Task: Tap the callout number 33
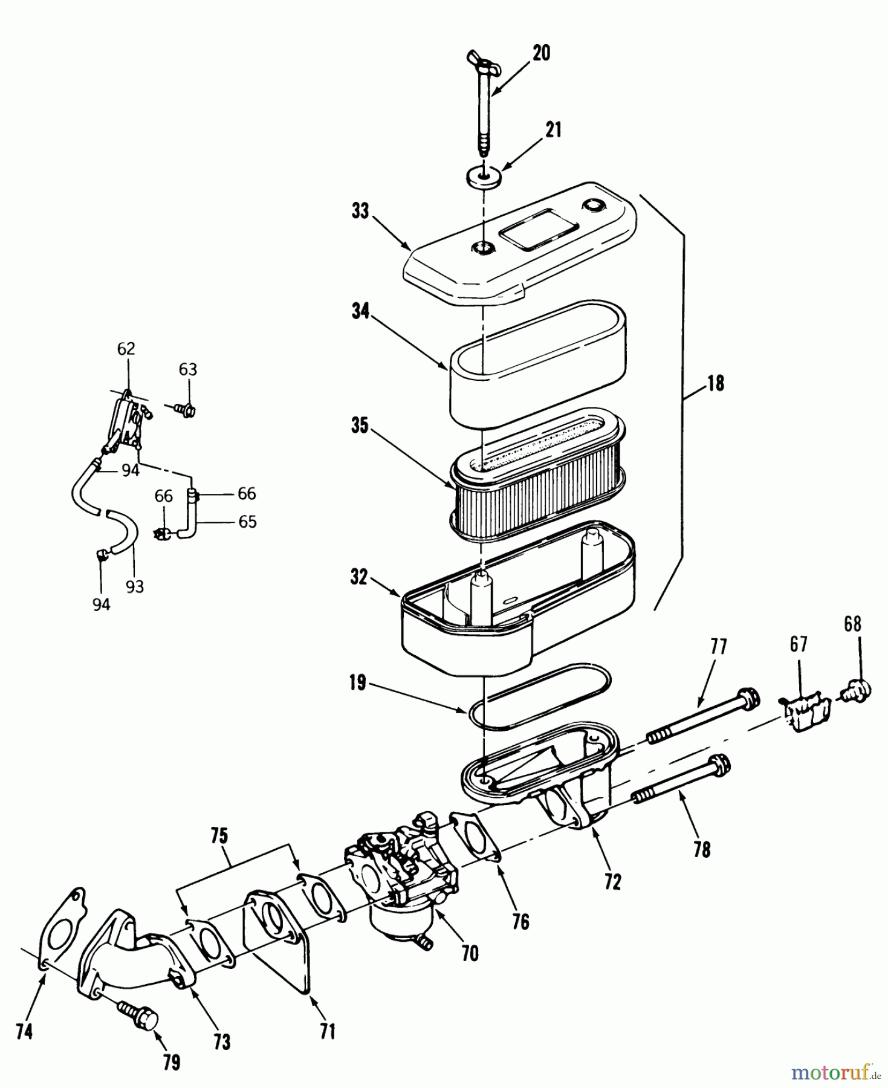[x=360, y=213]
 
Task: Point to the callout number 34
[x=360, y=313]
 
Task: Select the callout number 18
[x=716, y=383]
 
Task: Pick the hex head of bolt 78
[x=719, y=766]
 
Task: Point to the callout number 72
[x=612, y=882]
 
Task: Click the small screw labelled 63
[x=184, y=410]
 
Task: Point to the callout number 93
[x=134, y=586]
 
